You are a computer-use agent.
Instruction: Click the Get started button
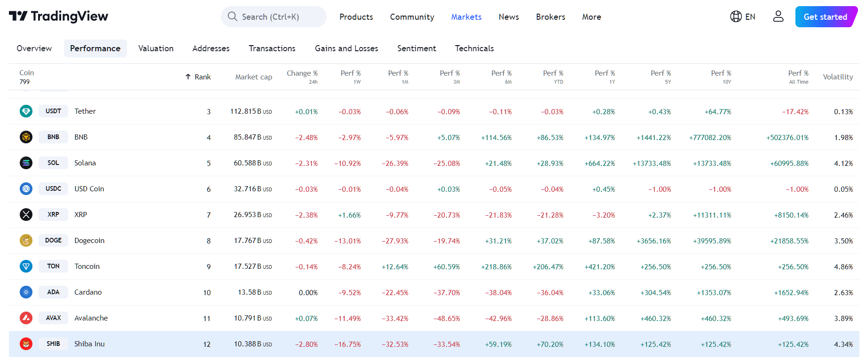(825, 17)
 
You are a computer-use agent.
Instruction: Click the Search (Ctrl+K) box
(274, 17)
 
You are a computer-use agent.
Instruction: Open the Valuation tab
(156, 48)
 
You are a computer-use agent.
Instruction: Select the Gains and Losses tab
(346, 48)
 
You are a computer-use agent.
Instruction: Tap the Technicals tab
(474, 48)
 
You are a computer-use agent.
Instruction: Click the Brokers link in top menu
(550, 17)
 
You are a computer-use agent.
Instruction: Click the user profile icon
(778, 17)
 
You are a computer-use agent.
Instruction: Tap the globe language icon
(736, 17)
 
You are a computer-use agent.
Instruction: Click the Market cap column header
(253, 77)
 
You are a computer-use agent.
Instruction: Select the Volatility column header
(837, 77)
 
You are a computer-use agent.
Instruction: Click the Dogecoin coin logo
(26, 241)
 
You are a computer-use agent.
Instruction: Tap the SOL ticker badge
(53, 163)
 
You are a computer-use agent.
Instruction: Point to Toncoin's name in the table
(87, 266)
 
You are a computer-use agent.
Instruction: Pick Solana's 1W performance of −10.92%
(347, 164)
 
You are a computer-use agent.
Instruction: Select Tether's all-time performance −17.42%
(795, 112)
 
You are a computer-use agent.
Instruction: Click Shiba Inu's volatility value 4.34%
(843, 344)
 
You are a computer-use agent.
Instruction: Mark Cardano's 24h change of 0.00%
(308, 293)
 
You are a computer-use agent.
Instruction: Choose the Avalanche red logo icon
(26, 318)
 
